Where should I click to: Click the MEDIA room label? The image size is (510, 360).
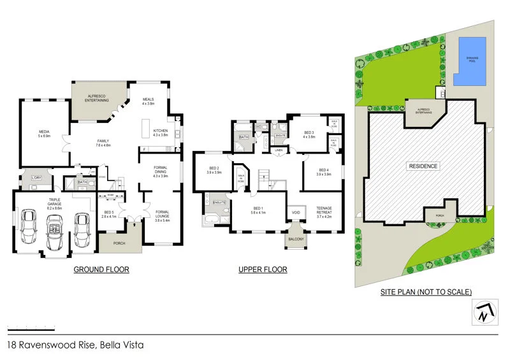coord(43,134)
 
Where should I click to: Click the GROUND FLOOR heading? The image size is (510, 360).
coord(101,270)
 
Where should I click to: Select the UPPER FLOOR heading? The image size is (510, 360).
coord(263,270)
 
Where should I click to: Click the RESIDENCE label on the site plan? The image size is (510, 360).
coord(423,166)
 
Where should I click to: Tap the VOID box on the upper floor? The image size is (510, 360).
coord(296,212)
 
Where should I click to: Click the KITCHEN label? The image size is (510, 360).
coord(160,133)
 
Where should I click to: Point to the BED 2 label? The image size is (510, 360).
coord(214,171)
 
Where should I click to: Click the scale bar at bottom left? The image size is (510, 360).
coord(31,328)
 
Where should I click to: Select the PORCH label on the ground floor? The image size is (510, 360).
coord(119,243)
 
